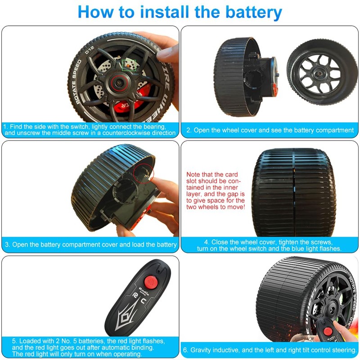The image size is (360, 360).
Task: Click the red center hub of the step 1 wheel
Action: [120, 83]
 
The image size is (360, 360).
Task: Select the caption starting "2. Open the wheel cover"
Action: [270, 130]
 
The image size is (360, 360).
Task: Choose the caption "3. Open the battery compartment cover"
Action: [90, 245]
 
